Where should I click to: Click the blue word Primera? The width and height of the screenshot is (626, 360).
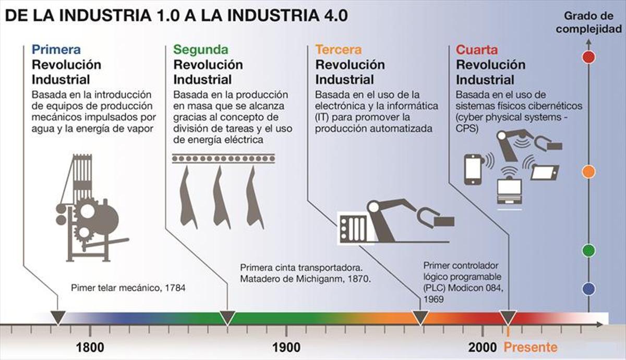56,50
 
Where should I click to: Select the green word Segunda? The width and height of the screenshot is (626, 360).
201,50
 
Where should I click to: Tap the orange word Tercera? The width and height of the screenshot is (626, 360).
338,50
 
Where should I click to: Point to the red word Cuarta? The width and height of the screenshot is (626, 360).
477,50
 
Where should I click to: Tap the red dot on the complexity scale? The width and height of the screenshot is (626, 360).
588,56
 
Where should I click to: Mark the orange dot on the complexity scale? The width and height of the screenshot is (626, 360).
588,171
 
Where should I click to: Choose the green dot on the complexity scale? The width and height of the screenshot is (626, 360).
588,250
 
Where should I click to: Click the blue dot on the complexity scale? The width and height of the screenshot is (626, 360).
588,289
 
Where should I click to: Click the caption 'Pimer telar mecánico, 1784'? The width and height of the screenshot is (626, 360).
128,287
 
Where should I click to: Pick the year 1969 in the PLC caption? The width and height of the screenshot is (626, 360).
434,299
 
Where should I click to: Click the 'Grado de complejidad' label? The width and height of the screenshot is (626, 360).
588,24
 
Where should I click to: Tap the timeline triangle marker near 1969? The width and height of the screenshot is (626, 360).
420,317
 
